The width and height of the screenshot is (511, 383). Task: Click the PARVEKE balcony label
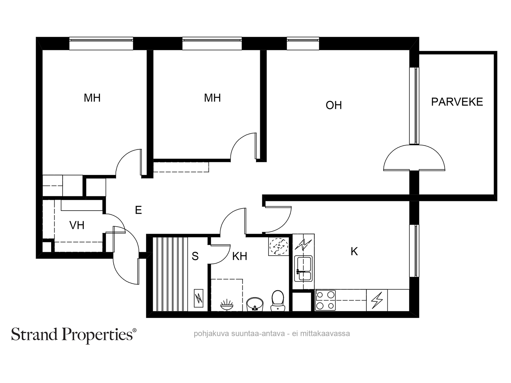tap(457, 102)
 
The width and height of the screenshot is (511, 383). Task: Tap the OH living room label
tap(334, 105)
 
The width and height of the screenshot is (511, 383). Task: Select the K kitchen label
tap(354, 252)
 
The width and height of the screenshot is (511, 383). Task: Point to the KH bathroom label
tap(240, 256)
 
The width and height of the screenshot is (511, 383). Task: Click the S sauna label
tap(195, 256)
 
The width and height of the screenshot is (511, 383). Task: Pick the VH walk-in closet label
tap(77, 225)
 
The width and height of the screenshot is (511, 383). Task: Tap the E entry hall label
tap(138, 210)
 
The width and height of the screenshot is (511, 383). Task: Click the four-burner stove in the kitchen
tap(325, 300)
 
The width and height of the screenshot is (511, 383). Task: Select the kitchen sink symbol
tap(303, 268)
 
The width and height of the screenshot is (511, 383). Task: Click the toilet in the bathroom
tap(278, 300)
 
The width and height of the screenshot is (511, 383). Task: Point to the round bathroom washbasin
tap(255, 304)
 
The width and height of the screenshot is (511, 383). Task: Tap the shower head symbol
tap(227, 304)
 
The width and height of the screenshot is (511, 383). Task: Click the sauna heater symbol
tap(199, 298)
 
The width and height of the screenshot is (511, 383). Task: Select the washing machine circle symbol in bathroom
tap(278, 246)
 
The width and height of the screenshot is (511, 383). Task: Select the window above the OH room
tap(303, 43)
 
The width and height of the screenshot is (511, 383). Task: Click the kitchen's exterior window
tap(414, 251)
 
